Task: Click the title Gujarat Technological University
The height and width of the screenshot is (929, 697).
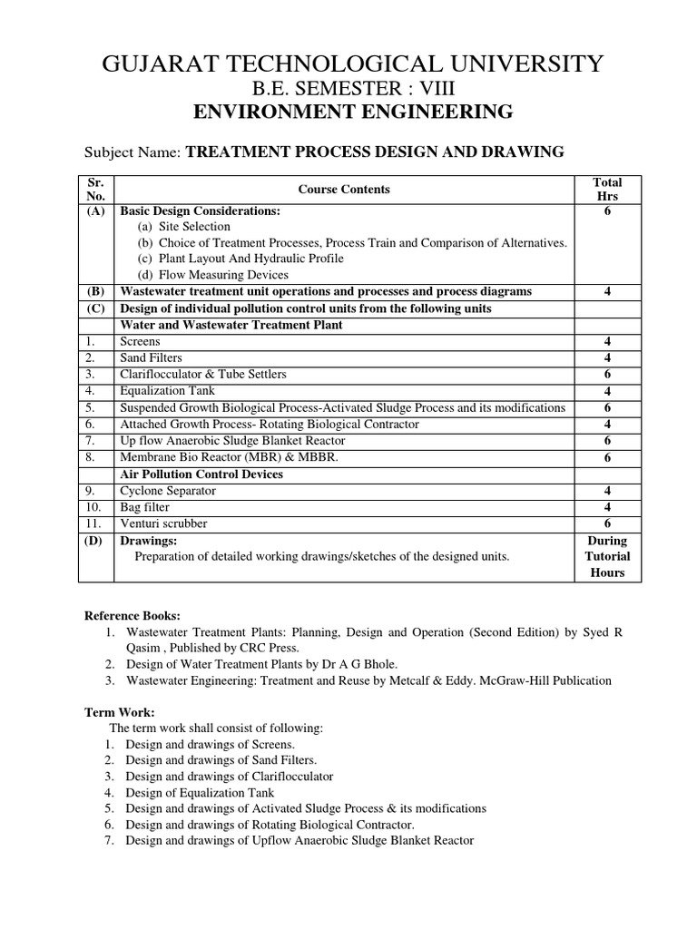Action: (x=348, y=64)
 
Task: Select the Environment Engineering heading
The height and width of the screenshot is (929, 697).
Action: (x=353, y=112)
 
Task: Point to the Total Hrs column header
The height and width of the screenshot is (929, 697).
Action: (x=607, y=189)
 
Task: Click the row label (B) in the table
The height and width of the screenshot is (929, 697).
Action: (x=96, y=291)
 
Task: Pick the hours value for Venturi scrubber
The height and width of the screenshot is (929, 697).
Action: (x=607, y=523)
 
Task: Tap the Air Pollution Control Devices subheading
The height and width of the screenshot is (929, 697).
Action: (x=201, y=474)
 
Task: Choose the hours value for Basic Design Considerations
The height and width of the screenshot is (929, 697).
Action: (x=607, y=210)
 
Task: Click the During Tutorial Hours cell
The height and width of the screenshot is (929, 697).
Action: (x=607, y=556)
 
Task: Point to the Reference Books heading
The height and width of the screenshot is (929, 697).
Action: (x=133, y=614)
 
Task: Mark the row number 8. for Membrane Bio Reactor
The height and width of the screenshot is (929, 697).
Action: (x=91, y=457)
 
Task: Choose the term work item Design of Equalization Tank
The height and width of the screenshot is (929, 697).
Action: (x=201, y=792)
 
